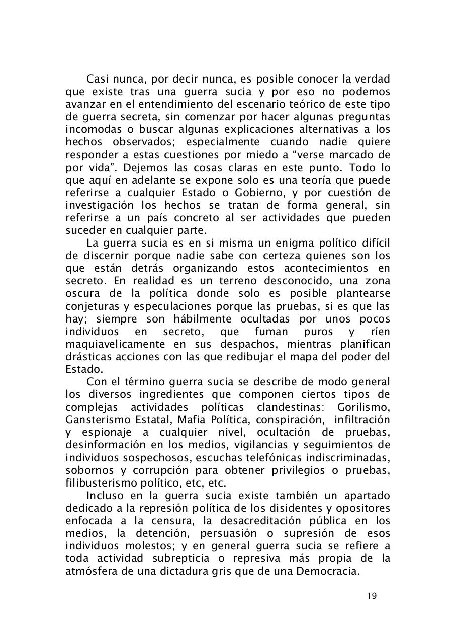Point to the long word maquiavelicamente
pos(115,344)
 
